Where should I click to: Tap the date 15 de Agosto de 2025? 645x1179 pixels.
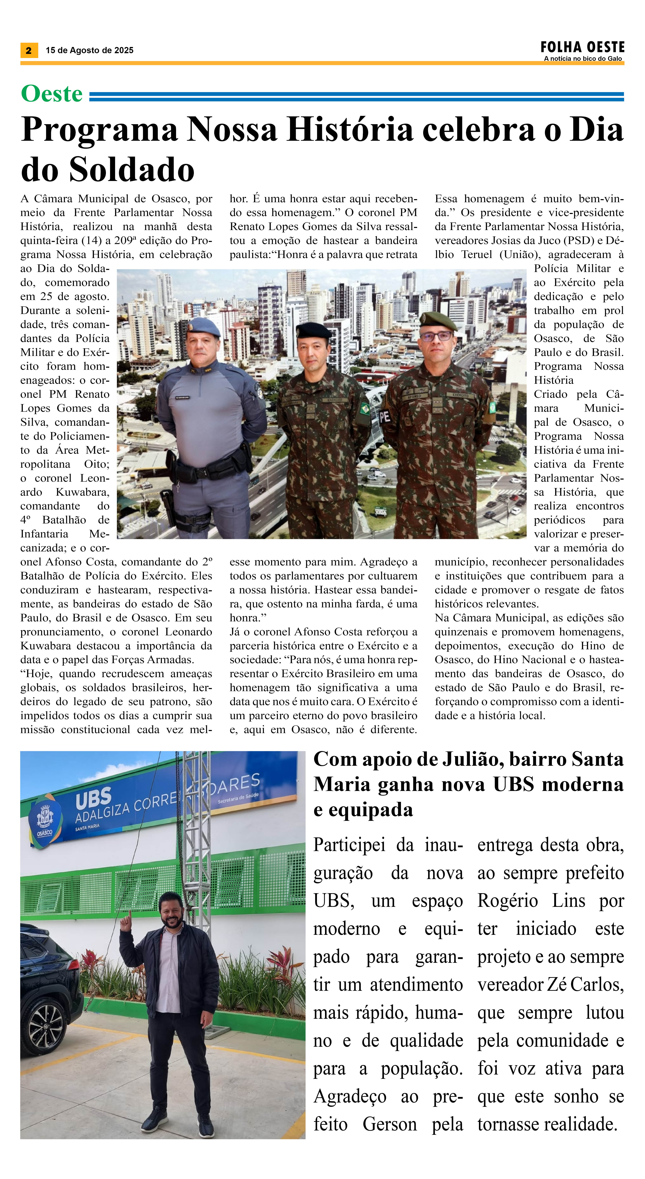pyautogui.click(x=89, y=50)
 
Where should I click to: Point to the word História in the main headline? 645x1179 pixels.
pyautogui.click(x=350, y=130)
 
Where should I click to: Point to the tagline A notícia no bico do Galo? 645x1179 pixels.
pyautogui.click(x=583, y=59)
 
